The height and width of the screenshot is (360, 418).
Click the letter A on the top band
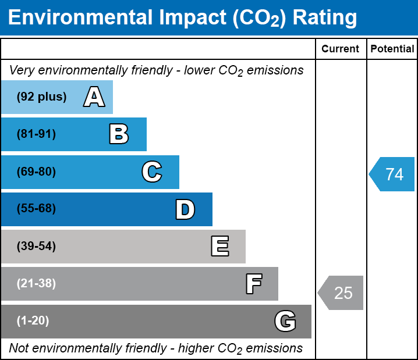[x=94, y=97]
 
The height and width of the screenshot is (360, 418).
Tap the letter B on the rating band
[x=119, y=134]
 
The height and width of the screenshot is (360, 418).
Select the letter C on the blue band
[x=152, y=172]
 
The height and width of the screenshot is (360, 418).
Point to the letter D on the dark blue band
[x=185, y=209]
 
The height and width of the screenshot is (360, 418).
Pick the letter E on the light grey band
[x=220, y=246]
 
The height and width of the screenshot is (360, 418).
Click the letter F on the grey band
[x=254, y=284]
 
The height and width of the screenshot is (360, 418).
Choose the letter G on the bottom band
[x=285, y=321]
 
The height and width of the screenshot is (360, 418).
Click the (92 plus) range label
[x=41, y=97]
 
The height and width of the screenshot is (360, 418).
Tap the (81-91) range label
[x=36, y=134]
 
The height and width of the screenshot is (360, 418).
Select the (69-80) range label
[x=36, y=172]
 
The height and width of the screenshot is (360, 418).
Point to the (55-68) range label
[x=36, y=208]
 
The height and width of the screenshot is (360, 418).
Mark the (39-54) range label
[x=36, y=246]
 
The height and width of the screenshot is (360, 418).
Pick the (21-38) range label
[x=36, y=283]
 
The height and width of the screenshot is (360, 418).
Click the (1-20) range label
[x=33, y=320]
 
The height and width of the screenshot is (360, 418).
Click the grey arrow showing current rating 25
[x=341, y=293]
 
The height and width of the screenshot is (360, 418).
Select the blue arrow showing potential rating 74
[x=392, y=174]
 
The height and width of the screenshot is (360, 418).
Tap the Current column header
[x=340, y=49]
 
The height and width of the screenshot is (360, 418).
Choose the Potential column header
[x=392, y=49]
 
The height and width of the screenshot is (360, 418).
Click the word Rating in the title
[x=325, y=18]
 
